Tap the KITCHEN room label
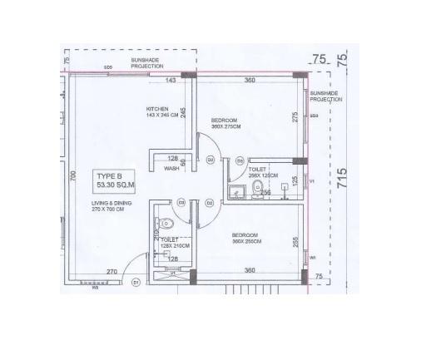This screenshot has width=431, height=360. (157, 112)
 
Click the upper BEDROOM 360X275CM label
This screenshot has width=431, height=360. (225, 123)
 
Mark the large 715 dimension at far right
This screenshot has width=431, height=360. (342, 179)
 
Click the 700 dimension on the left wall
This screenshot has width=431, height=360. (73, 176)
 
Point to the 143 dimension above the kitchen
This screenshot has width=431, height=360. (171, 81)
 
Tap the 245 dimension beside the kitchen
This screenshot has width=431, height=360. (183, 112)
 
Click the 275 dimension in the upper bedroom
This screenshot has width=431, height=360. (295, 116)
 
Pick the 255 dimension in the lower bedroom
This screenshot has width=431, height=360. (295, 242)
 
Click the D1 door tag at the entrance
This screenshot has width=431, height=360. (135, 283)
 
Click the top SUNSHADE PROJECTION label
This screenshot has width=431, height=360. (147, 63)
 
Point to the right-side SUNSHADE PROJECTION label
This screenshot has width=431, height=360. (326, 96)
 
